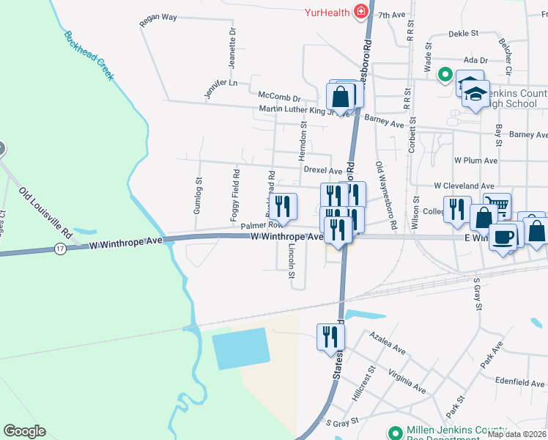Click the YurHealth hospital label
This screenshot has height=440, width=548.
pos(327,12)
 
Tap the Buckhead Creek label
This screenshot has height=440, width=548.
pos(89,56)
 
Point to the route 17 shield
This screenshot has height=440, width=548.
pos(60,249)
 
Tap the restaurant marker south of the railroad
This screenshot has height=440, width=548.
pos(330,336)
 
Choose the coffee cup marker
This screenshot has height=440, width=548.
pos(503,237)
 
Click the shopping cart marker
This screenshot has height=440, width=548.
pos(497,206)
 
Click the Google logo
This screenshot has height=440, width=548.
pos(24,431)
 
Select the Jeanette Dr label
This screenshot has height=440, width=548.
pos(232,48)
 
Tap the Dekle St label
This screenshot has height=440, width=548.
pos(463,34)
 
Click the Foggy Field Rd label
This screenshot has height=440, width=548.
pos(235,195)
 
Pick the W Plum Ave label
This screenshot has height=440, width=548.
pos(475,160)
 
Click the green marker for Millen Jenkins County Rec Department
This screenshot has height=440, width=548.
pos(395,433)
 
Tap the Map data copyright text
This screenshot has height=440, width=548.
pos(516,434)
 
